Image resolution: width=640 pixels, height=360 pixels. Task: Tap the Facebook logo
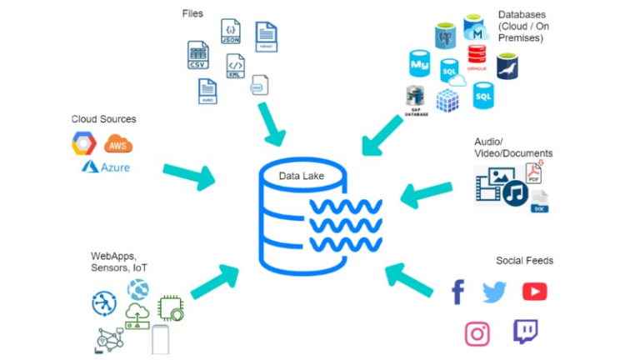(457, 292)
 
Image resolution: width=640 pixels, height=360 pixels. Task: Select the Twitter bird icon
(494, 292)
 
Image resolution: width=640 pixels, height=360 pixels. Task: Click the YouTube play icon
(534, 292)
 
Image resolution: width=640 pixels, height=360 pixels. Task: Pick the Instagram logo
(477, 333)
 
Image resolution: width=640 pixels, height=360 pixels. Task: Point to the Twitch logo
(525, 332)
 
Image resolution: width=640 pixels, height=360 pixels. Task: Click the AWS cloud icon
(118, 144)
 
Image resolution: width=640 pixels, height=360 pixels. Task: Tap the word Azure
(117, 167)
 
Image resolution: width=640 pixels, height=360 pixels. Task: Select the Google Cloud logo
(84, 144)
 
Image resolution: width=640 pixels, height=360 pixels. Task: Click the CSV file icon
(197, 54)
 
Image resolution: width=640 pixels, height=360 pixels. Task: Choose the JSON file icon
(230, 33)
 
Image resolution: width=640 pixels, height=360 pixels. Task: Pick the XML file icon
(236, 67)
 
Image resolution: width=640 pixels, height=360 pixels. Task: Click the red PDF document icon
(534, 173)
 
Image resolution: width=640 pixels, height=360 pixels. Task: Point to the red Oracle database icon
(477, 55)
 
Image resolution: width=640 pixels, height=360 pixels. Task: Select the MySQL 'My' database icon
(419, 64)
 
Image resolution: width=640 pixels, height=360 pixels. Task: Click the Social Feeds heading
(524, 261)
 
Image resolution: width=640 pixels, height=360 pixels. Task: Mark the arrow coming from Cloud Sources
(188, 173)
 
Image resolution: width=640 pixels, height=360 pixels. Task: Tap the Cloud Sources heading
(103, 119)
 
